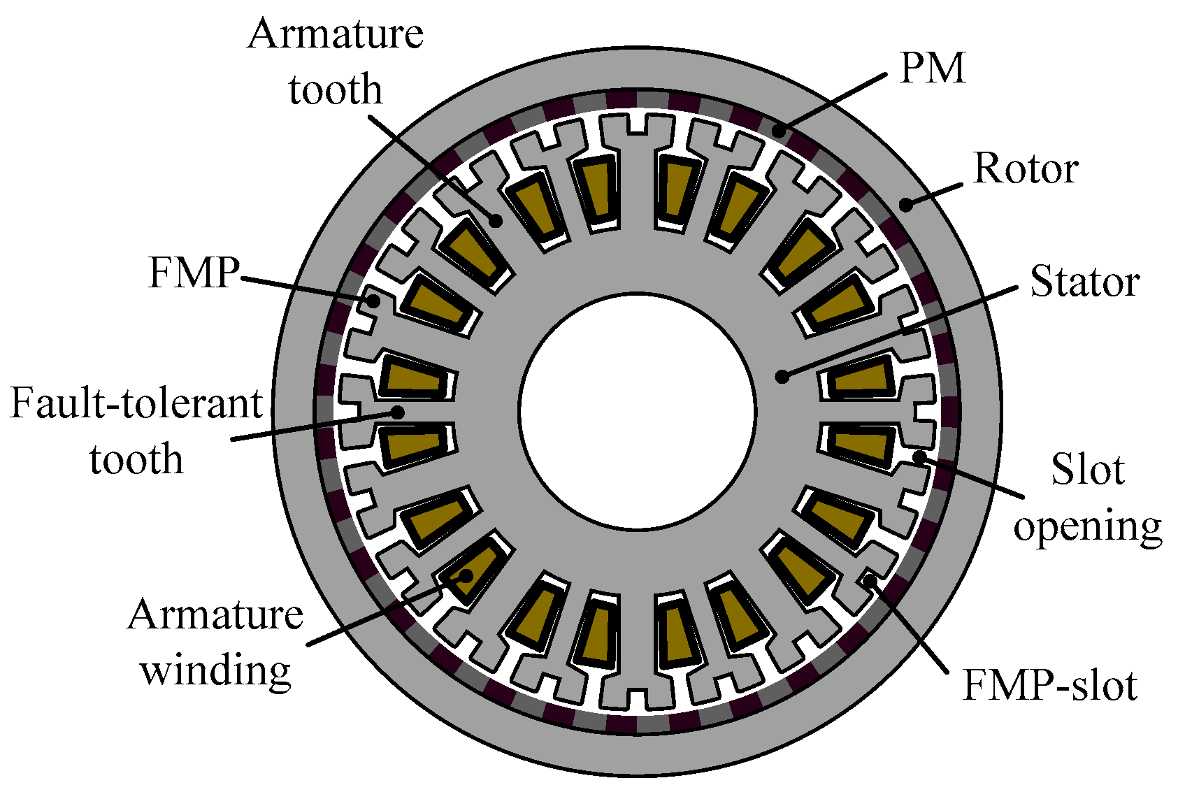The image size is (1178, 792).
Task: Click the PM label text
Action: [x=932, y=69]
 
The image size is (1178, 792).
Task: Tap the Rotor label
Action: [x=1026, y=169]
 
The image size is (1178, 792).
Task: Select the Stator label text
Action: [x=1084, y=282]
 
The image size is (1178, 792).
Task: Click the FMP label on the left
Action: [x=194, y=272]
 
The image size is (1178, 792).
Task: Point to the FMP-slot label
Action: [x=1049, y=685]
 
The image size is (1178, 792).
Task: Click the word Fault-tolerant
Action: [x=136, y=403]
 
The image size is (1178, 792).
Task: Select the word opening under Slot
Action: [x=1087, y=526]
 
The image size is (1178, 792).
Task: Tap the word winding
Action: [x=215, y=670]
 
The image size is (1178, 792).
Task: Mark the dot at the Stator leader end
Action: [x=782, y=377]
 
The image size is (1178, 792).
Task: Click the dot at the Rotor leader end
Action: [x=905, y=205]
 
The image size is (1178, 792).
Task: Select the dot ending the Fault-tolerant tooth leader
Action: [x=397, y=412]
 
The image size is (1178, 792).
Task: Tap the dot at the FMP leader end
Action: [x=374, y=302]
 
